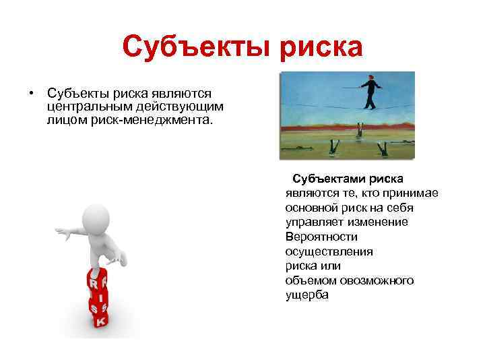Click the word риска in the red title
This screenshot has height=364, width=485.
(x=317, y=47)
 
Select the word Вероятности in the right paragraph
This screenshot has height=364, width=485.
(x=321, y=237)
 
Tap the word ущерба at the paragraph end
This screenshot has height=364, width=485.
(x=307, y=294)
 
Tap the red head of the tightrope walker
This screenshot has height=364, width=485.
(x=370, y=78)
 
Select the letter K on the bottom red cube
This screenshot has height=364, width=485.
(x=100, y=322)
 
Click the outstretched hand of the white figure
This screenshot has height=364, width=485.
(x=61, y=233)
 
